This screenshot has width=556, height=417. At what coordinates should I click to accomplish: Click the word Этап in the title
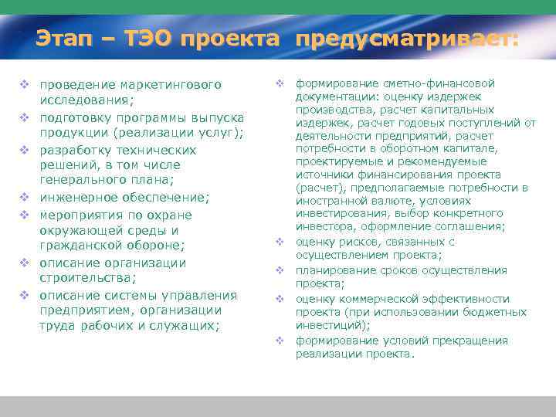(63, 39)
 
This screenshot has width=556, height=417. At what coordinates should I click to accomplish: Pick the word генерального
(82, 181)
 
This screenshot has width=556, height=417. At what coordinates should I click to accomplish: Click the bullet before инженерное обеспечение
(25, 198)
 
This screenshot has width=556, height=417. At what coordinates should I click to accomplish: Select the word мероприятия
(80, 215)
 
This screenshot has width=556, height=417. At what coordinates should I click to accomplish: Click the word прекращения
(473, 341)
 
